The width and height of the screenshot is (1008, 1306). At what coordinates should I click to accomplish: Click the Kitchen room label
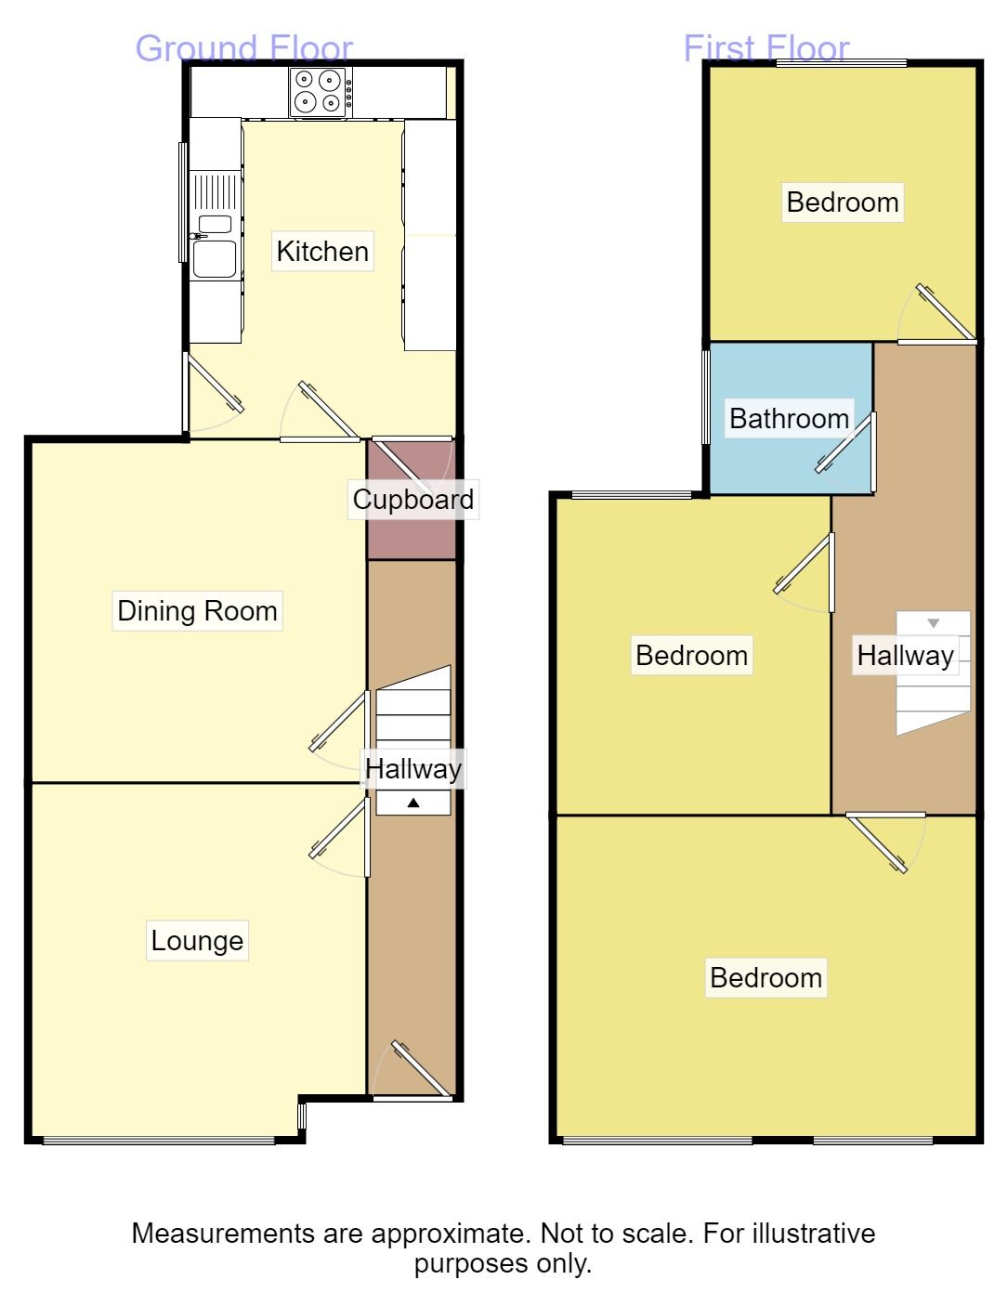pyautogui.click(x=322, y=251)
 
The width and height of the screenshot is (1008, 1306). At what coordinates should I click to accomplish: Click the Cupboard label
pyautogui.click(x=412, y=500)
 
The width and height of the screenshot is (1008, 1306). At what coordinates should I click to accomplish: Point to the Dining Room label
pyautogui.click(x=197, y=611)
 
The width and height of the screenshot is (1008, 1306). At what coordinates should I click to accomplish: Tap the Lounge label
pyautogui.click(x=197, y=941)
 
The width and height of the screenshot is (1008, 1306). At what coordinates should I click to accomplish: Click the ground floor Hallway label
pyautogui.click(x=412, y=769)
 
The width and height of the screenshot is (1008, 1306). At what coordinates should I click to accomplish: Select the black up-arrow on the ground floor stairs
pyautogui.click(x=413, y=803)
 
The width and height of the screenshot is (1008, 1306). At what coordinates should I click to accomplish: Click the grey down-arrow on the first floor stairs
pyautogui.click(x=933, y=623)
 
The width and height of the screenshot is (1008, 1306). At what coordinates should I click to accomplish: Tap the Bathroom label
pyautogui.click(x=789, y=419)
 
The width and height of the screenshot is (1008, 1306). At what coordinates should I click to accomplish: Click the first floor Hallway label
pyautogui.click(x=905, y=656)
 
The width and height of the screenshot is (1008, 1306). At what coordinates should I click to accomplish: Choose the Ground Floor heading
pyautogui.click(x=244, y=48)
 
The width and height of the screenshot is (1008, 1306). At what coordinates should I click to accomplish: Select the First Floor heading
pyautogui.click(x=766, y=48)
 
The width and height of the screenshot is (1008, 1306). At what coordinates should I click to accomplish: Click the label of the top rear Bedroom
pyautogui.click(x=842, y=202)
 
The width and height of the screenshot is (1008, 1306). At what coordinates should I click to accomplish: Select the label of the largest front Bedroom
pyautogui.click(x=766, y=977)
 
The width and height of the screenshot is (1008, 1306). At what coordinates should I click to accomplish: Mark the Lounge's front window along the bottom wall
pyautogui.click(x=159, y=1140)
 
